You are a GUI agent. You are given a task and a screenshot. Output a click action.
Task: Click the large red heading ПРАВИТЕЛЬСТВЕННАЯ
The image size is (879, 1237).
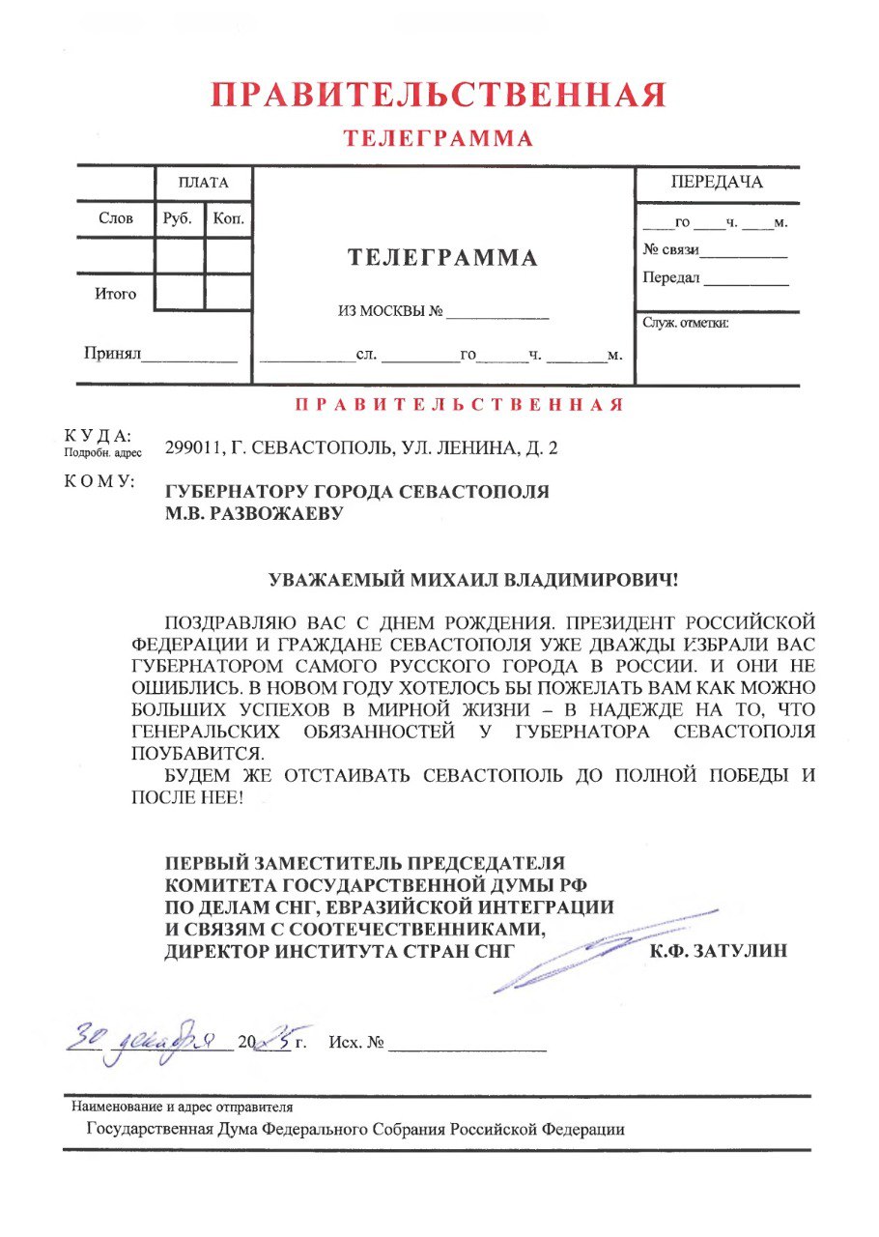(x=439, y=96)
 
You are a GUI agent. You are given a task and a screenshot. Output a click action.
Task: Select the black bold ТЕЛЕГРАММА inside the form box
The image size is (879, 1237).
(x=442, y=258)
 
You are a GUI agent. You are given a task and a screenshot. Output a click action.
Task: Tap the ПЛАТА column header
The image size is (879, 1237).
(x=203, y=183)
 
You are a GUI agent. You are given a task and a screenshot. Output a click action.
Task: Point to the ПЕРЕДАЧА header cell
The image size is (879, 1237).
(x=717, y=183)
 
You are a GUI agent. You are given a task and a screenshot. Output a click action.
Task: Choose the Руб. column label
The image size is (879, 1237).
(x=179, y=218)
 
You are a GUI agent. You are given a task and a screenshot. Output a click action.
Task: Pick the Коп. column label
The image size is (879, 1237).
(x=229, y=218)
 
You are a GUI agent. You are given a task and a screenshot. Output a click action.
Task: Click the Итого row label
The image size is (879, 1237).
(x=115, y=294)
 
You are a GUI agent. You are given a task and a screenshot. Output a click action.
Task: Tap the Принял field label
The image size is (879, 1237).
(x=112, y=355)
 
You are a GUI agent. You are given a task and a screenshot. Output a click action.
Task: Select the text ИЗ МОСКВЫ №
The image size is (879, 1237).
(x=390, y=312)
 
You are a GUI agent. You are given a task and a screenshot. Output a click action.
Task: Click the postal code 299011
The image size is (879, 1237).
(x=191, y=448)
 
